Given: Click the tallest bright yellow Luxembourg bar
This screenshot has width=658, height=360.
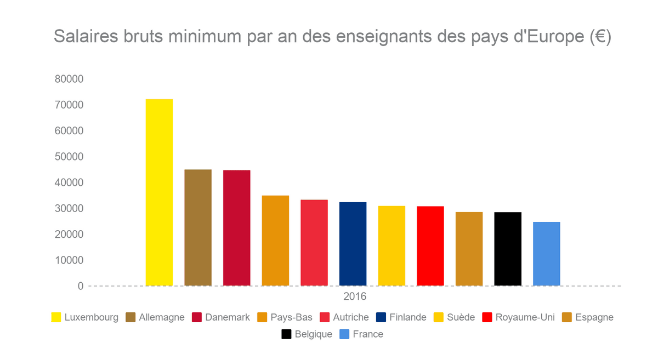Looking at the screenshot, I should [159, 192].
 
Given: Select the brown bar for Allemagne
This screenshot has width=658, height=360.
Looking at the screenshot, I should [198, 227].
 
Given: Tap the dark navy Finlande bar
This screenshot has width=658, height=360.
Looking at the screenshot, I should [353, 244].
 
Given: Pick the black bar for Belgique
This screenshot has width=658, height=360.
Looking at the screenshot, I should [508, 249].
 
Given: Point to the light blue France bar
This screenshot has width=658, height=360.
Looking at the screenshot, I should [546, 254].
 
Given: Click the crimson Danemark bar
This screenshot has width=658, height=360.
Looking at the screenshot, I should [237, 227].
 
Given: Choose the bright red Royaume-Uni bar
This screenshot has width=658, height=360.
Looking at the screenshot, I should [430, 245].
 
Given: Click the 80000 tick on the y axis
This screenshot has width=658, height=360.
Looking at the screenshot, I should [69, 79].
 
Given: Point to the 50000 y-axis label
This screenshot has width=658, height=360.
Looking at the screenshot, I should [69, 157].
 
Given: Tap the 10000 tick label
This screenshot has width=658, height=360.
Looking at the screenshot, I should [69, 260].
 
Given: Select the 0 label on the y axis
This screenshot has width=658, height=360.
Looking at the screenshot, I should [81, 286].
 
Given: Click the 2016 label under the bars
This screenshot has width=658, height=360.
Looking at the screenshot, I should [355, 297].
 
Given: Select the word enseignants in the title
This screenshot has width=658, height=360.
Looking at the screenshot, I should [378, 37].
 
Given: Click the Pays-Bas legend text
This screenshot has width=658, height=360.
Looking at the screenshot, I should [291, 317].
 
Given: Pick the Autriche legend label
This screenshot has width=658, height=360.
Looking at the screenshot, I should [350, 317].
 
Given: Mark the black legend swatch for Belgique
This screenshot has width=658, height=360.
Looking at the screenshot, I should [286, 334].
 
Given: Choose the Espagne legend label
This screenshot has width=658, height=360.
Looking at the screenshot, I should [594, 317].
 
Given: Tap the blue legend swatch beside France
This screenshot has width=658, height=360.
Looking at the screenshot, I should [344, 334].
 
